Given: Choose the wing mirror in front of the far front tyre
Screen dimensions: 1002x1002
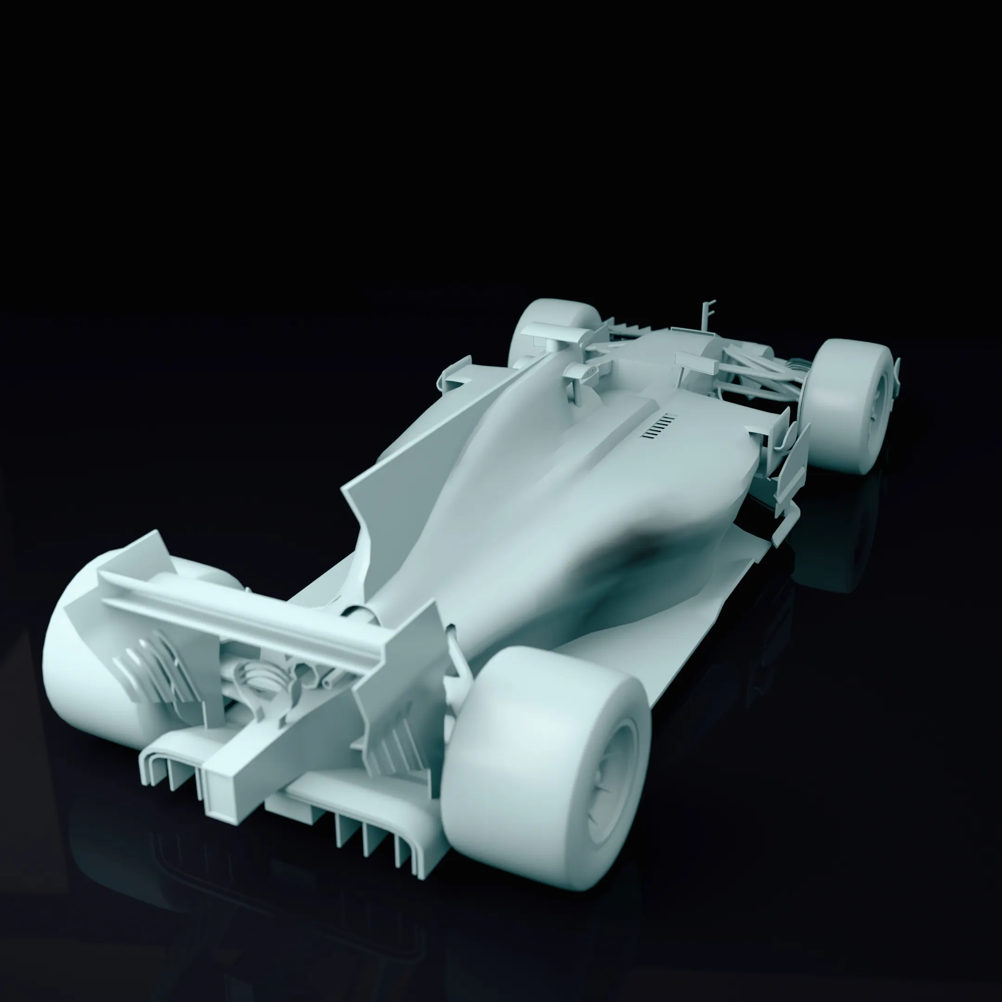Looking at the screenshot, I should [x=550, y=332].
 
